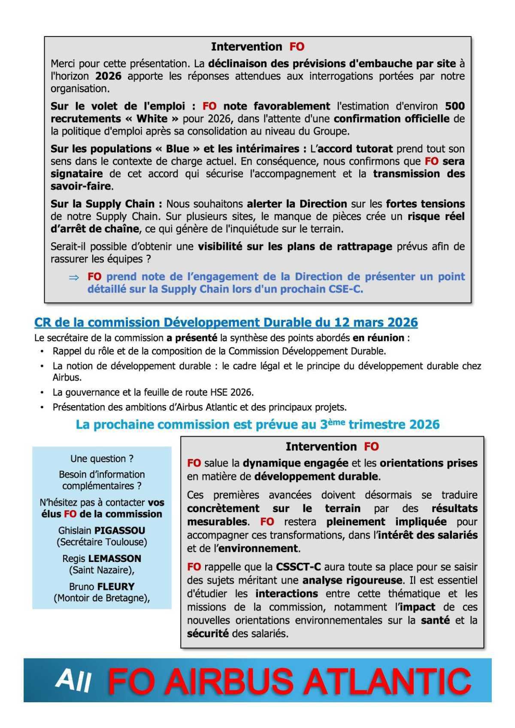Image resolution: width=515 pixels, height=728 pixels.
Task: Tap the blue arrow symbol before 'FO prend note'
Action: [74, 278]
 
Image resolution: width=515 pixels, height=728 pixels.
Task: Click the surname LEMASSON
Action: [114, 559]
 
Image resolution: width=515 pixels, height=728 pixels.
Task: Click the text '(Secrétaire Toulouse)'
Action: [102, 542]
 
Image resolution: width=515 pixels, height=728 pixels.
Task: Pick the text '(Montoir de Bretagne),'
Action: [102, 598]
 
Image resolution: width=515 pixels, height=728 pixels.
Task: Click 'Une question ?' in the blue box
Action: [102, 459]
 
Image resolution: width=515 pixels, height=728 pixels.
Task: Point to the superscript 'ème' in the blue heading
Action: [337, 422]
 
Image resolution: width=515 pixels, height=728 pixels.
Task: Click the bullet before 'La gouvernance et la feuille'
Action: [42, 393]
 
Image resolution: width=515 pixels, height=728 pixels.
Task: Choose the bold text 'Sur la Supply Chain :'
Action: [106, 204]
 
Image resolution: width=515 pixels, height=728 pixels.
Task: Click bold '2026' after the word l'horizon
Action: [108, 76]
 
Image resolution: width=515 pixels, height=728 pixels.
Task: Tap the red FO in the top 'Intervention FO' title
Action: [297, 46]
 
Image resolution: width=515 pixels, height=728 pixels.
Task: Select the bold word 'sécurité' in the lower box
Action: [208, 633]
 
